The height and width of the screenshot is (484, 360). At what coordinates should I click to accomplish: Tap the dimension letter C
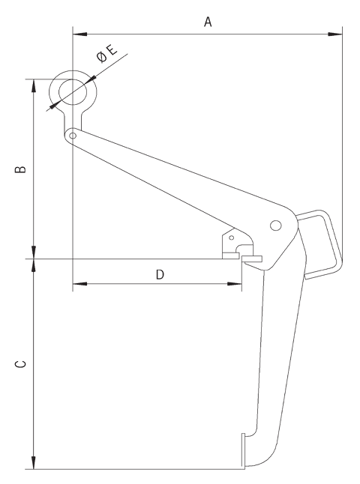point(22,364)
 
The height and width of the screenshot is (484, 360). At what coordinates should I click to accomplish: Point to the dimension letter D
point(160,274)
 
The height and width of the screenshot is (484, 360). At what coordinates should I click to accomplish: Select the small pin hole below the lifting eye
point(72,136)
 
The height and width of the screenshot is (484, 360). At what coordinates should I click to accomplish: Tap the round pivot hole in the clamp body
point(275,225)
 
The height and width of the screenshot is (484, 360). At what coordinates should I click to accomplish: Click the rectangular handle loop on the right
point(322,241)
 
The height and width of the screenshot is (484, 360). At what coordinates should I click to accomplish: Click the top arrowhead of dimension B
point(33,83)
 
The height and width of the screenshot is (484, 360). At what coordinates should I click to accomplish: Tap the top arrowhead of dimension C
point(33,265)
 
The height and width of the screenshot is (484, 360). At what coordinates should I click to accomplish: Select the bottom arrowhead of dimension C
point(33,464)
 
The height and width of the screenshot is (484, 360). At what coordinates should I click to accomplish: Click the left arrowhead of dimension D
point(78,284)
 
